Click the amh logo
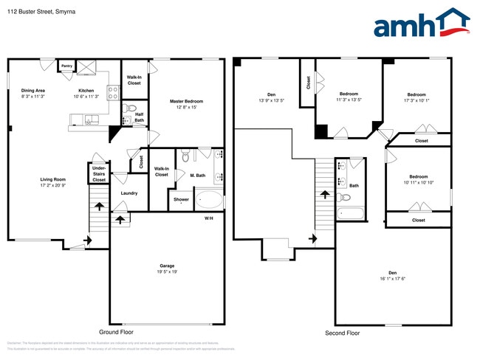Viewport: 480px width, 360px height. pyautogui.click(x=422, y=24)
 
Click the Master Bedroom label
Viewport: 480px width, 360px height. pyautogui.click(x=186, y=101)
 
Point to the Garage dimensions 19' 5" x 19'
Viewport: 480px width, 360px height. pyautogui.click(x=167, y=272)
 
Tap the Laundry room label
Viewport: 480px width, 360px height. pyautogui.click(x=129, y=193)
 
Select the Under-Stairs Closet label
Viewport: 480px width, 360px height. pyautogui.click(x=99, y=173)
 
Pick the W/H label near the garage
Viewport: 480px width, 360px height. pyautogui.click(x=209, y=218)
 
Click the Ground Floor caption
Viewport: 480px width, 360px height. pyautogui.click(x=117, y=333)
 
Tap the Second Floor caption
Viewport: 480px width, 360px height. pyautogui.click(x=343, y=333)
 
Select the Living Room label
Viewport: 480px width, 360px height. pyautogui.click(x=53, y=179)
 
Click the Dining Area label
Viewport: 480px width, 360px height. pyautogui.click(x=33, y=91)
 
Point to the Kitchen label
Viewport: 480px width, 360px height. pyautogui.click(x=86, y=91)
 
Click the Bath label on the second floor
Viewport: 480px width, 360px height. pyautogui.click(x=354, y=186)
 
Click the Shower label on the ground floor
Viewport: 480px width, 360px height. pyautogui.click(x=181, y=199)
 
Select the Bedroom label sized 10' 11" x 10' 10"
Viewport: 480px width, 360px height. pyautogui.click(x=419, y=176)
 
